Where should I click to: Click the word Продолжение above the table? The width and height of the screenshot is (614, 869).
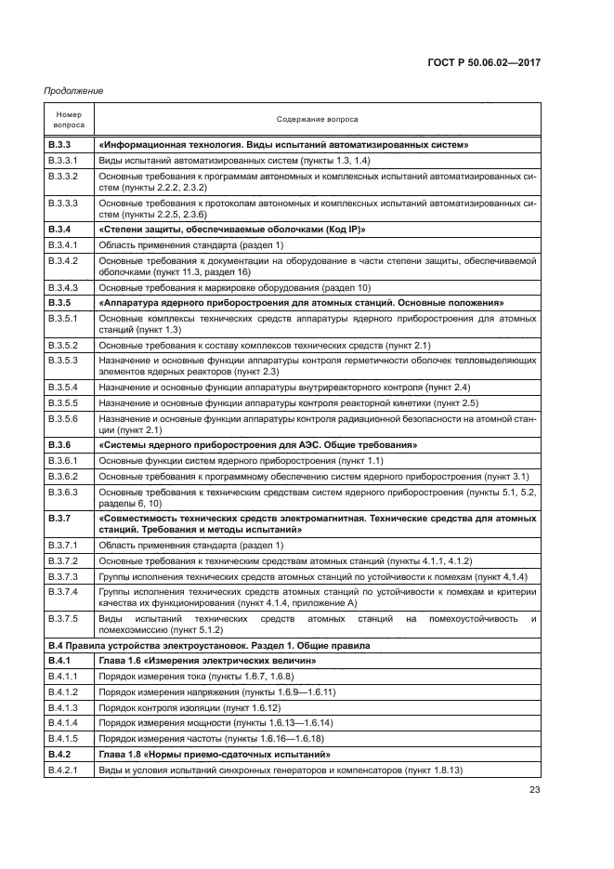coord(72,90)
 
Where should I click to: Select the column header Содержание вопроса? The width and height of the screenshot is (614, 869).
coord(317,119)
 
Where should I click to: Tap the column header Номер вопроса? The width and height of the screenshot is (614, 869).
coord(69,119)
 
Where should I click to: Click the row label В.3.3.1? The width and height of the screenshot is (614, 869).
coord(64,161)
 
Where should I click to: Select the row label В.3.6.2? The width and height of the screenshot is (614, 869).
coord(64,476)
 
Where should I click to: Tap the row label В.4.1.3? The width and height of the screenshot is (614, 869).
coord(64,707)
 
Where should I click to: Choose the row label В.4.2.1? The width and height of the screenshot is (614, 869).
coord(64,770)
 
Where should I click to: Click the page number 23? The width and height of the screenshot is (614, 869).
coord(534,791)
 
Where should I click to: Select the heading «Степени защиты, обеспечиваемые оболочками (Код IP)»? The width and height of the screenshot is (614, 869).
coord(231,229)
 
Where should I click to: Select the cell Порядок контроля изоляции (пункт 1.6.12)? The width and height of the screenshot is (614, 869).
coord(189,707)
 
